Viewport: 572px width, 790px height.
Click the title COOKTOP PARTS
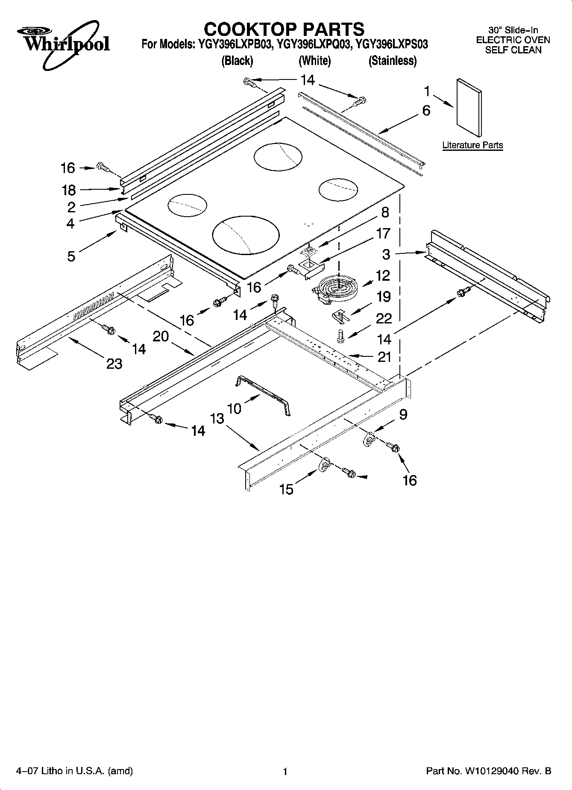click(284, 29)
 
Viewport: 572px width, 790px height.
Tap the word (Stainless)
click(392, 61)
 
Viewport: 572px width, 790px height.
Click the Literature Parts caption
click(472, 145)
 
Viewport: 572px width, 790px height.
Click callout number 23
click(114, 364)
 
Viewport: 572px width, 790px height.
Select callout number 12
click(383, 276)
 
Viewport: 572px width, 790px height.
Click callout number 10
click(234, 408)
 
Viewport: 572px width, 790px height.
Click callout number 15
click(286, 489)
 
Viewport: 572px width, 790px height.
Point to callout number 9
click(403, 414)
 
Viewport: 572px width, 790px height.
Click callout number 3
click(386, 254)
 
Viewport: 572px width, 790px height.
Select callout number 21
click(384, 357)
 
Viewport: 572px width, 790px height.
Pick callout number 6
click(426, 111)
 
